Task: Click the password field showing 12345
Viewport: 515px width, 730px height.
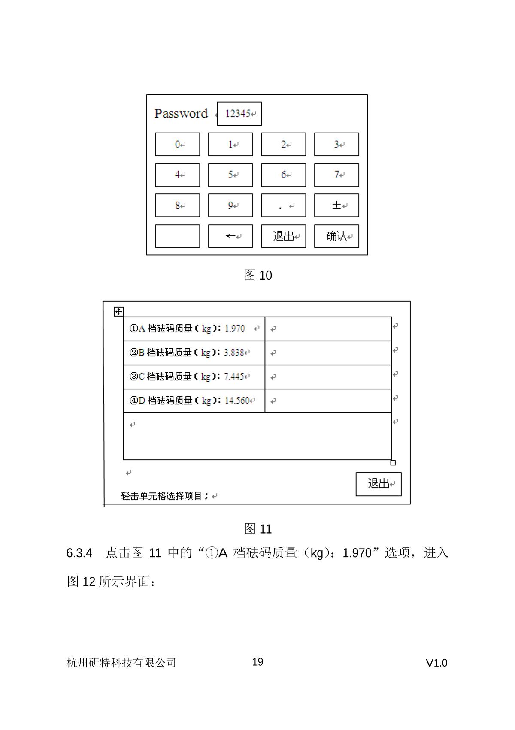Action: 239,114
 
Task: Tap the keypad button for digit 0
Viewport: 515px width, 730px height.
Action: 177,145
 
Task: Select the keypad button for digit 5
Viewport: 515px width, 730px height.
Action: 230,175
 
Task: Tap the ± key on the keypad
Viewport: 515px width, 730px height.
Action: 336,205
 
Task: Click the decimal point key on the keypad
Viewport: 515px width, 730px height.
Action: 283,205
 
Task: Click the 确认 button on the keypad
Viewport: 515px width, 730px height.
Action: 336,236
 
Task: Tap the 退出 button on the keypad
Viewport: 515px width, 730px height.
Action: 283,236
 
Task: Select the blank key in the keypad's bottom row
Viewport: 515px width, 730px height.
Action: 177,236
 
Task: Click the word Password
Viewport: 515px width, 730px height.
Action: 181,113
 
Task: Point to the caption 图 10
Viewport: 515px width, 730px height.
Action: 257,275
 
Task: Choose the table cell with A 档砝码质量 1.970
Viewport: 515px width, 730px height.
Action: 194,329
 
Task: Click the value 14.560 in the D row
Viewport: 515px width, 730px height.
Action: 237,401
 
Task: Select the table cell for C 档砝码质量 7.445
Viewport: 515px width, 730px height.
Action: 194,377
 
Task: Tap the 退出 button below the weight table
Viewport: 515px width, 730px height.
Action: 379,484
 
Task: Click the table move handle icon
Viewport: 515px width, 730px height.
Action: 118,312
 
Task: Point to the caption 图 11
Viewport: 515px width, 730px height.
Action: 257,529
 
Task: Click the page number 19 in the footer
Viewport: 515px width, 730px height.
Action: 257,662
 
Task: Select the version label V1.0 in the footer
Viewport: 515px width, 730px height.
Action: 436,663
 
